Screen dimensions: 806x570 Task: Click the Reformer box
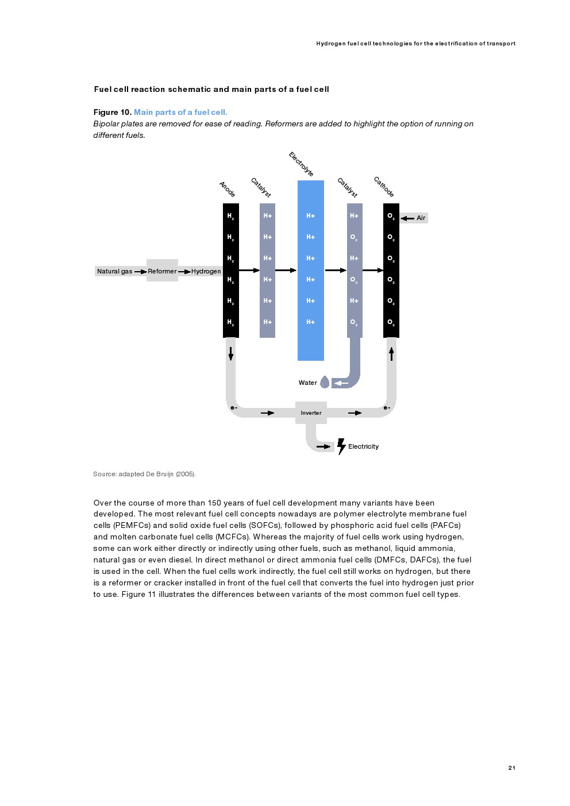pos(162,271)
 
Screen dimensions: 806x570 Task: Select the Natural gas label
pos(114,271)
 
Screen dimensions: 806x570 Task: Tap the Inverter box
pos(311,412)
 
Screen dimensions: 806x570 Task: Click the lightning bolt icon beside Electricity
pos(341,446)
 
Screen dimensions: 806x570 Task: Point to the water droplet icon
pos(325,382)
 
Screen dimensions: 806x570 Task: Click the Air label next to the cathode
pos(421,218)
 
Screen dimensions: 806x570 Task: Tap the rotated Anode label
pos(228,189)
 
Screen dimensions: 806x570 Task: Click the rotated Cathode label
pos(384,187)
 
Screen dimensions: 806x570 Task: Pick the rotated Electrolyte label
pos(301,164)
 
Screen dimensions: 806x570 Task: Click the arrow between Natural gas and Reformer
pos(140,271)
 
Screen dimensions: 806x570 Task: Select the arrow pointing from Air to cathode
pos(407,218)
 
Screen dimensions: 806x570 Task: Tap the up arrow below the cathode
pos(391,353)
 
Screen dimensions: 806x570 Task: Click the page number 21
pos(511,768)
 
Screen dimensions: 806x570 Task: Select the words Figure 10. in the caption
pos(113,112)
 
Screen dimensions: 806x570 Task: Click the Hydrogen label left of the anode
pos(206,271)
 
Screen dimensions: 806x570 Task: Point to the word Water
pos(307,383)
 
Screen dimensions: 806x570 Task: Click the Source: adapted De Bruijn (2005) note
pos(144,474)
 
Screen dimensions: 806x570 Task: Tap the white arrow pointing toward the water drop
pos(341,383)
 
